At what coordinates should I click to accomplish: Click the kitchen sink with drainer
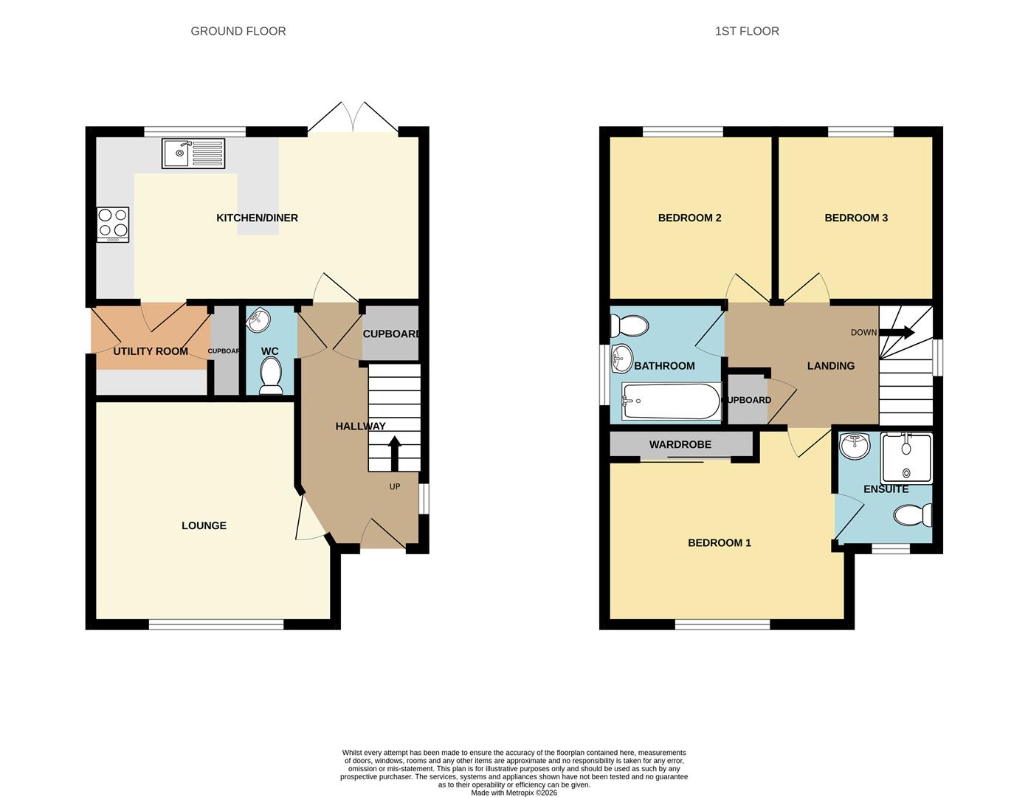coord(193,153)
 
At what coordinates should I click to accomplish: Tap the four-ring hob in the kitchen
coord(113,224)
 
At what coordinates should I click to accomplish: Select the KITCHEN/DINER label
coord(257,218)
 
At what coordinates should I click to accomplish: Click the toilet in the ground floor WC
coord(271,376)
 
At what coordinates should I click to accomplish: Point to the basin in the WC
coord(258,320)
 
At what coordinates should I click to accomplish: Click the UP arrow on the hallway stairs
coord(395,454)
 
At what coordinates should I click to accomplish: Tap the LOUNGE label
coord(204,525)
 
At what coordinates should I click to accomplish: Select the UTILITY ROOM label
coord(151,351)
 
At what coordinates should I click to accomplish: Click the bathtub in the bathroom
coord(672,401)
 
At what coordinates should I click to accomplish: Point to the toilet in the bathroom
coord(629,326)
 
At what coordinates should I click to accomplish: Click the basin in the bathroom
coord(621,359)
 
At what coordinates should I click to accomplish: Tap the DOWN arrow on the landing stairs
coord(897,332)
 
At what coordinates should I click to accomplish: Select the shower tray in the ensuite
coord(907,458)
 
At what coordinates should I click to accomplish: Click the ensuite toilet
coord(913,515)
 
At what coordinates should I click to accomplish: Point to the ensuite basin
coord(855,446)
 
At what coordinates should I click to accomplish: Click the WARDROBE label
coord(680,444)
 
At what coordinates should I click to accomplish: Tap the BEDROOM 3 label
coord(856,218)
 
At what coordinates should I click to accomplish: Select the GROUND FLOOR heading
coord(238,31)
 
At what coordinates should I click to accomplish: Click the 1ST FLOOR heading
coord(747,31)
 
